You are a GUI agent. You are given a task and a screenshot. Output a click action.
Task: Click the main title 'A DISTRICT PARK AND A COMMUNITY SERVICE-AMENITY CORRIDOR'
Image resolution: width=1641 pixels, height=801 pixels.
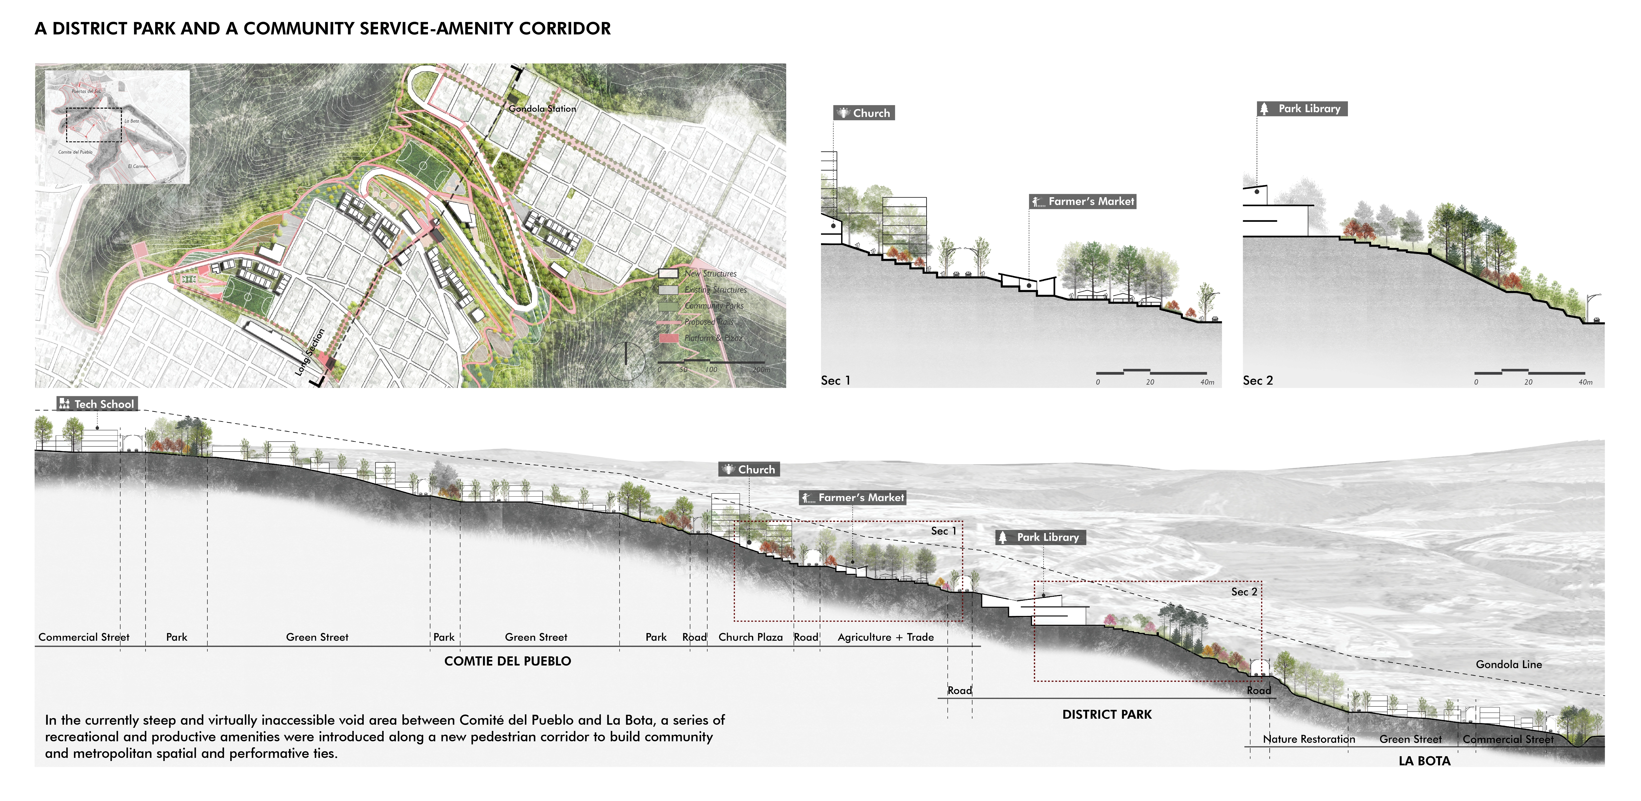(x=322, y=29)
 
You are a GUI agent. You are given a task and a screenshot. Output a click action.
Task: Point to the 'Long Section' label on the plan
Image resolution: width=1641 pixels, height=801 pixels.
(x=311, y=352)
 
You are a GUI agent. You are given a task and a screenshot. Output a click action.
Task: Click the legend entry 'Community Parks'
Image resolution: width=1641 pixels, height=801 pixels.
(x=713, y=306)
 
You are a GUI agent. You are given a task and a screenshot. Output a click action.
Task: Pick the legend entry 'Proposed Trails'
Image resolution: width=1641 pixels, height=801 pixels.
(x=708, y=322)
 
